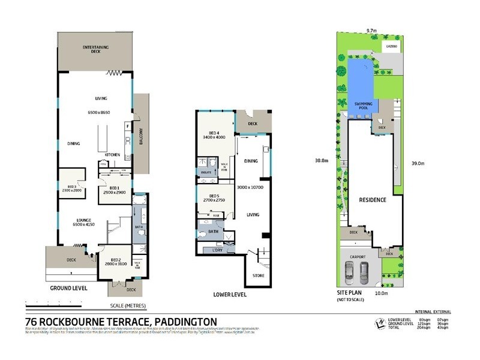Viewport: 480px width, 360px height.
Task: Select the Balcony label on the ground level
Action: pos(142,139)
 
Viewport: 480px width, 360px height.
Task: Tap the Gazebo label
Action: pos(393,46)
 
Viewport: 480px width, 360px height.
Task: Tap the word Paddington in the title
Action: pos(187,322)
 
